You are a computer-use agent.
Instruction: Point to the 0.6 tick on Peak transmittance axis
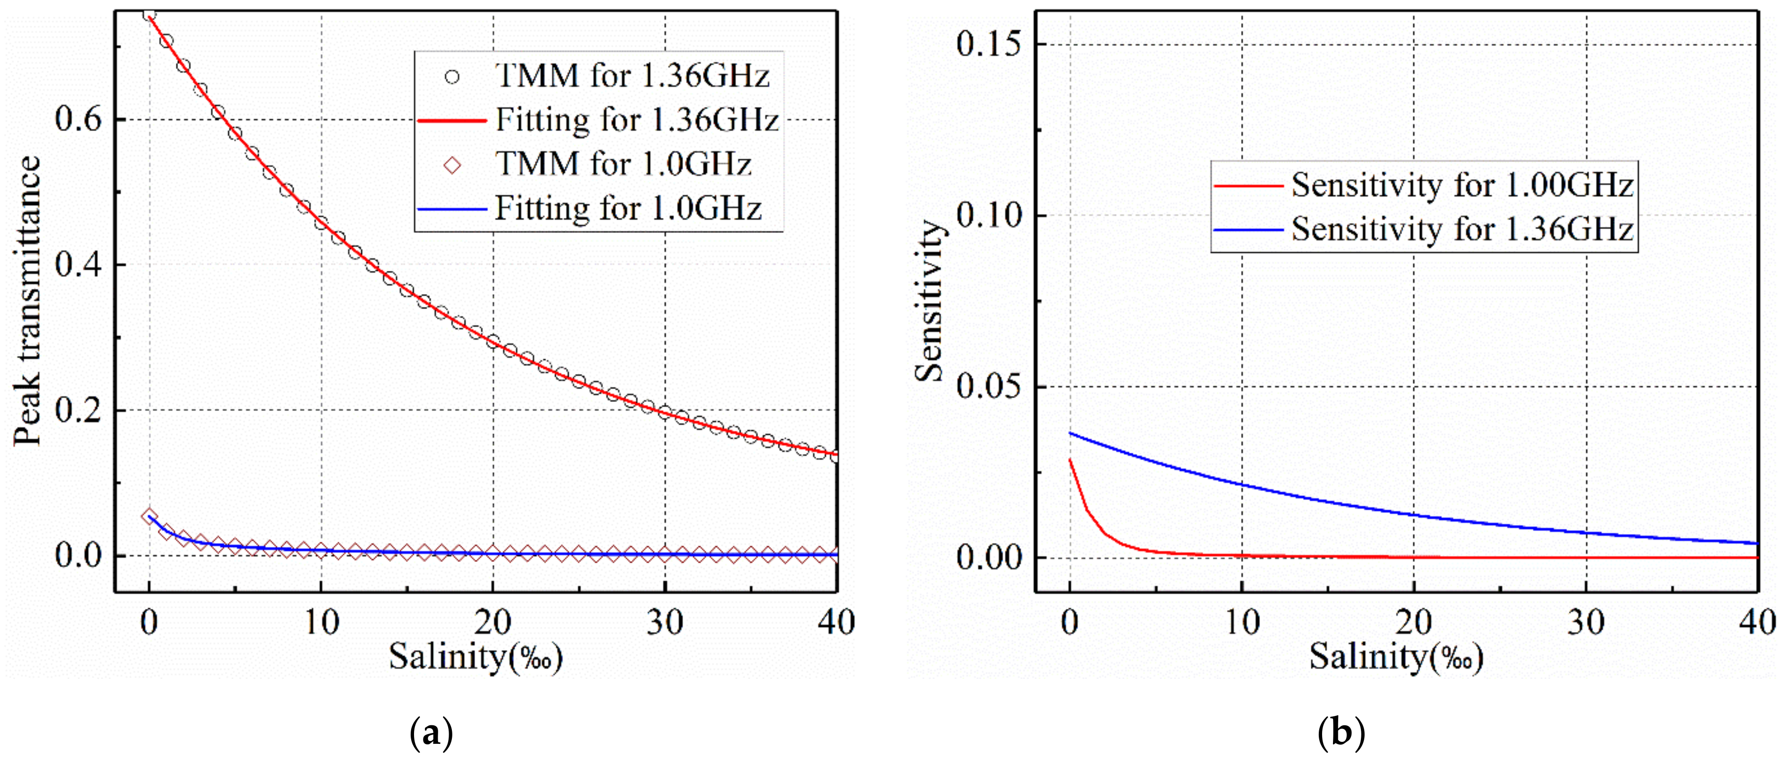click(x=78, y=119)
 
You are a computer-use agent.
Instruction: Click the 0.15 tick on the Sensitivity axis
click(x=989, y=44)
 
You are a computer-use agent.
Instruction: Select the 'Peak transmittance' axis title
click(x=27, y=301)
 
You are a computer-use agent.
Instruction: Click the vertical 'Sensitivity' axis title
click(x=929, y=301)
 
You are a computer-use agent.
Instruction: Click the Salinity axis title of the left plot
click(x=476, y=656)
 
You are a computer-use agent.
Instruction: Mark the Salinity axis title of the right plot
click(x=1396, y=656)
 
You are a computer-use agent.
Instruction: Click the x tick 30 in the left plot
click(x=665, y=623)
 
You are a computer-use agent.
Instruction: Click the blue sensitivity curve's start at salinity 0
click(x=1071, y=434)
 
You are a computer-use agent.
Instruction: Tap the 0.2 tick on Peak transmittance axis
click(x=78, y=410)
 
